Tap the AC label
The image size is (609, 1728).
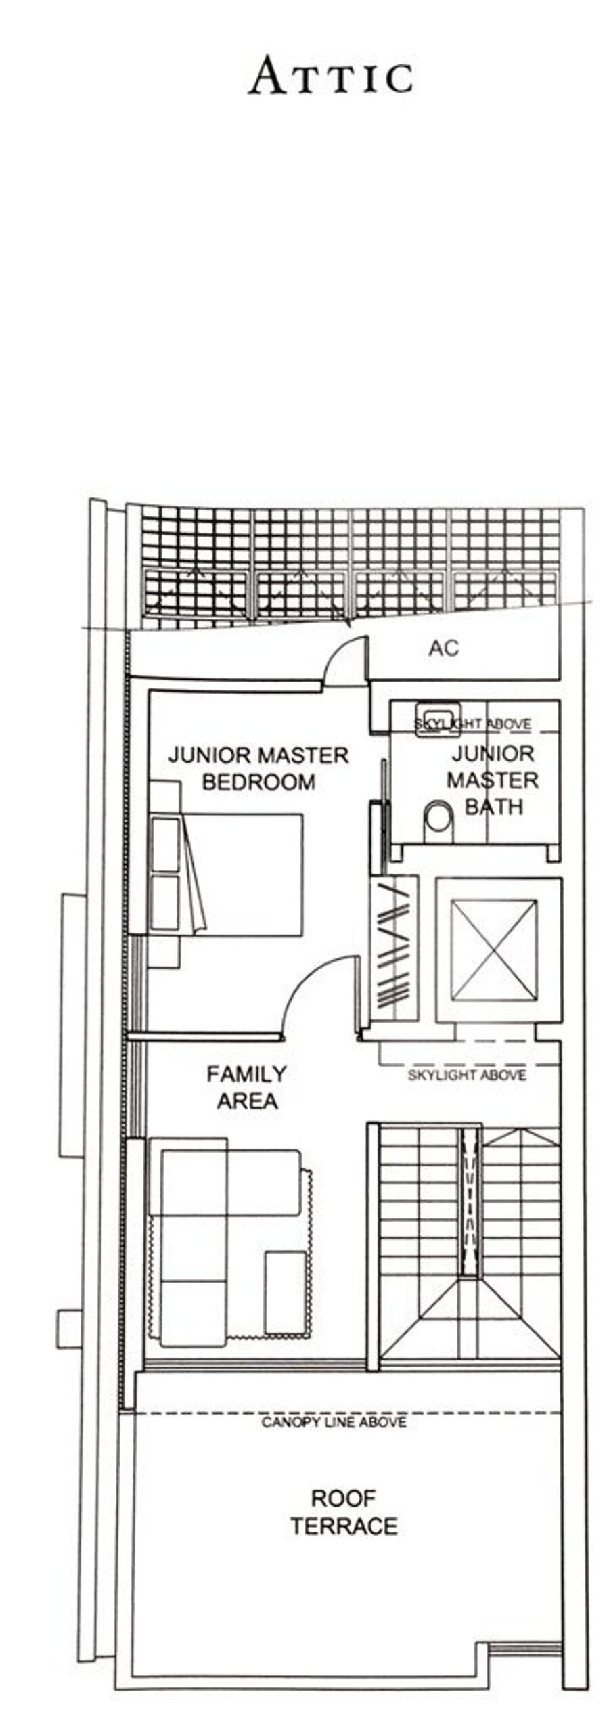[x=443, y=648]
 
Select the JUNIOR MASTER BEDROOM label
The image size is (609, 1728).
[x=258, y=768]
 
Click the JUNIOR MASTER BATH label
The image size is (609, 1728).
[x=492, y=780]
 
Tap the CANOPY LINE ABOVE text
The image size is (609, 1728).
[x=334, y=1422]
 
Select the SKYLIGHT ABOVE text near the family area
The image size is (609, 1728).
[x=467, y=1075]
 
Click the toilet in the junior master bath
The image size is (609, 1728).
[x=438, y=822]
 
